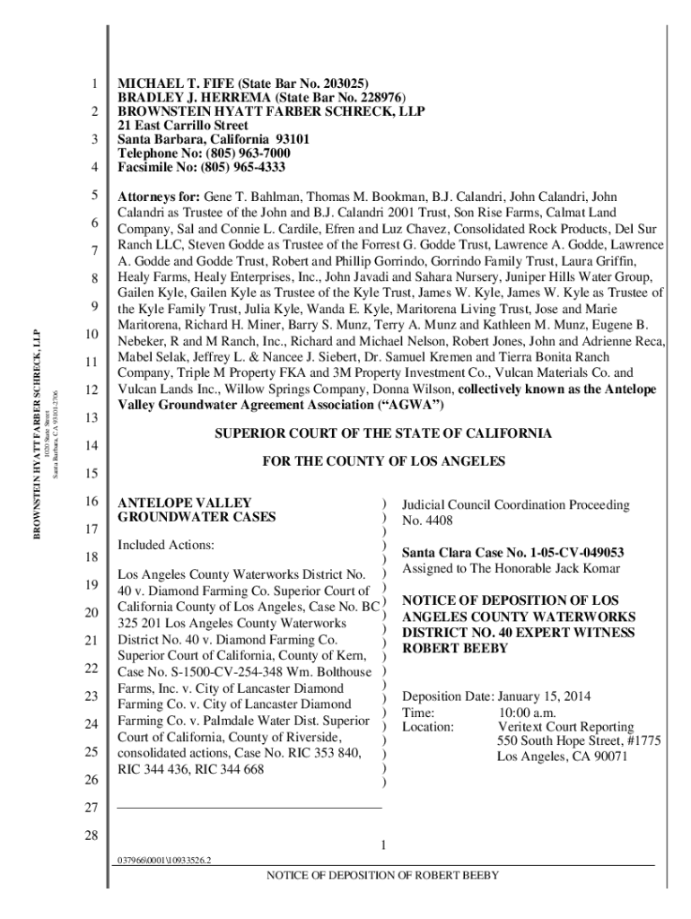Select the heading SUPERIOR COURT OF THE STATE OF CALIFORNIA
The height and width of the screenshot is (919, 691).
pos(382,433)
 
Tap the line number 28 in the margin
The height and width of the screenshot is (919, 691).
pos(90,836)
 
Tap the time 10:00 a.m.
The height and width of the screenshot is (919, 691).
pos(532,711)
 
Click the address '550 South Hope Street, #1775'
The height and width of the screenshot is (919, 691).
pos(580,741)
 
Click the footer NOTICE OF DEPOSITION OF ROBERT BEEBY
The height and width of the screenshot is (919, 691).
pos(382,876)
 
